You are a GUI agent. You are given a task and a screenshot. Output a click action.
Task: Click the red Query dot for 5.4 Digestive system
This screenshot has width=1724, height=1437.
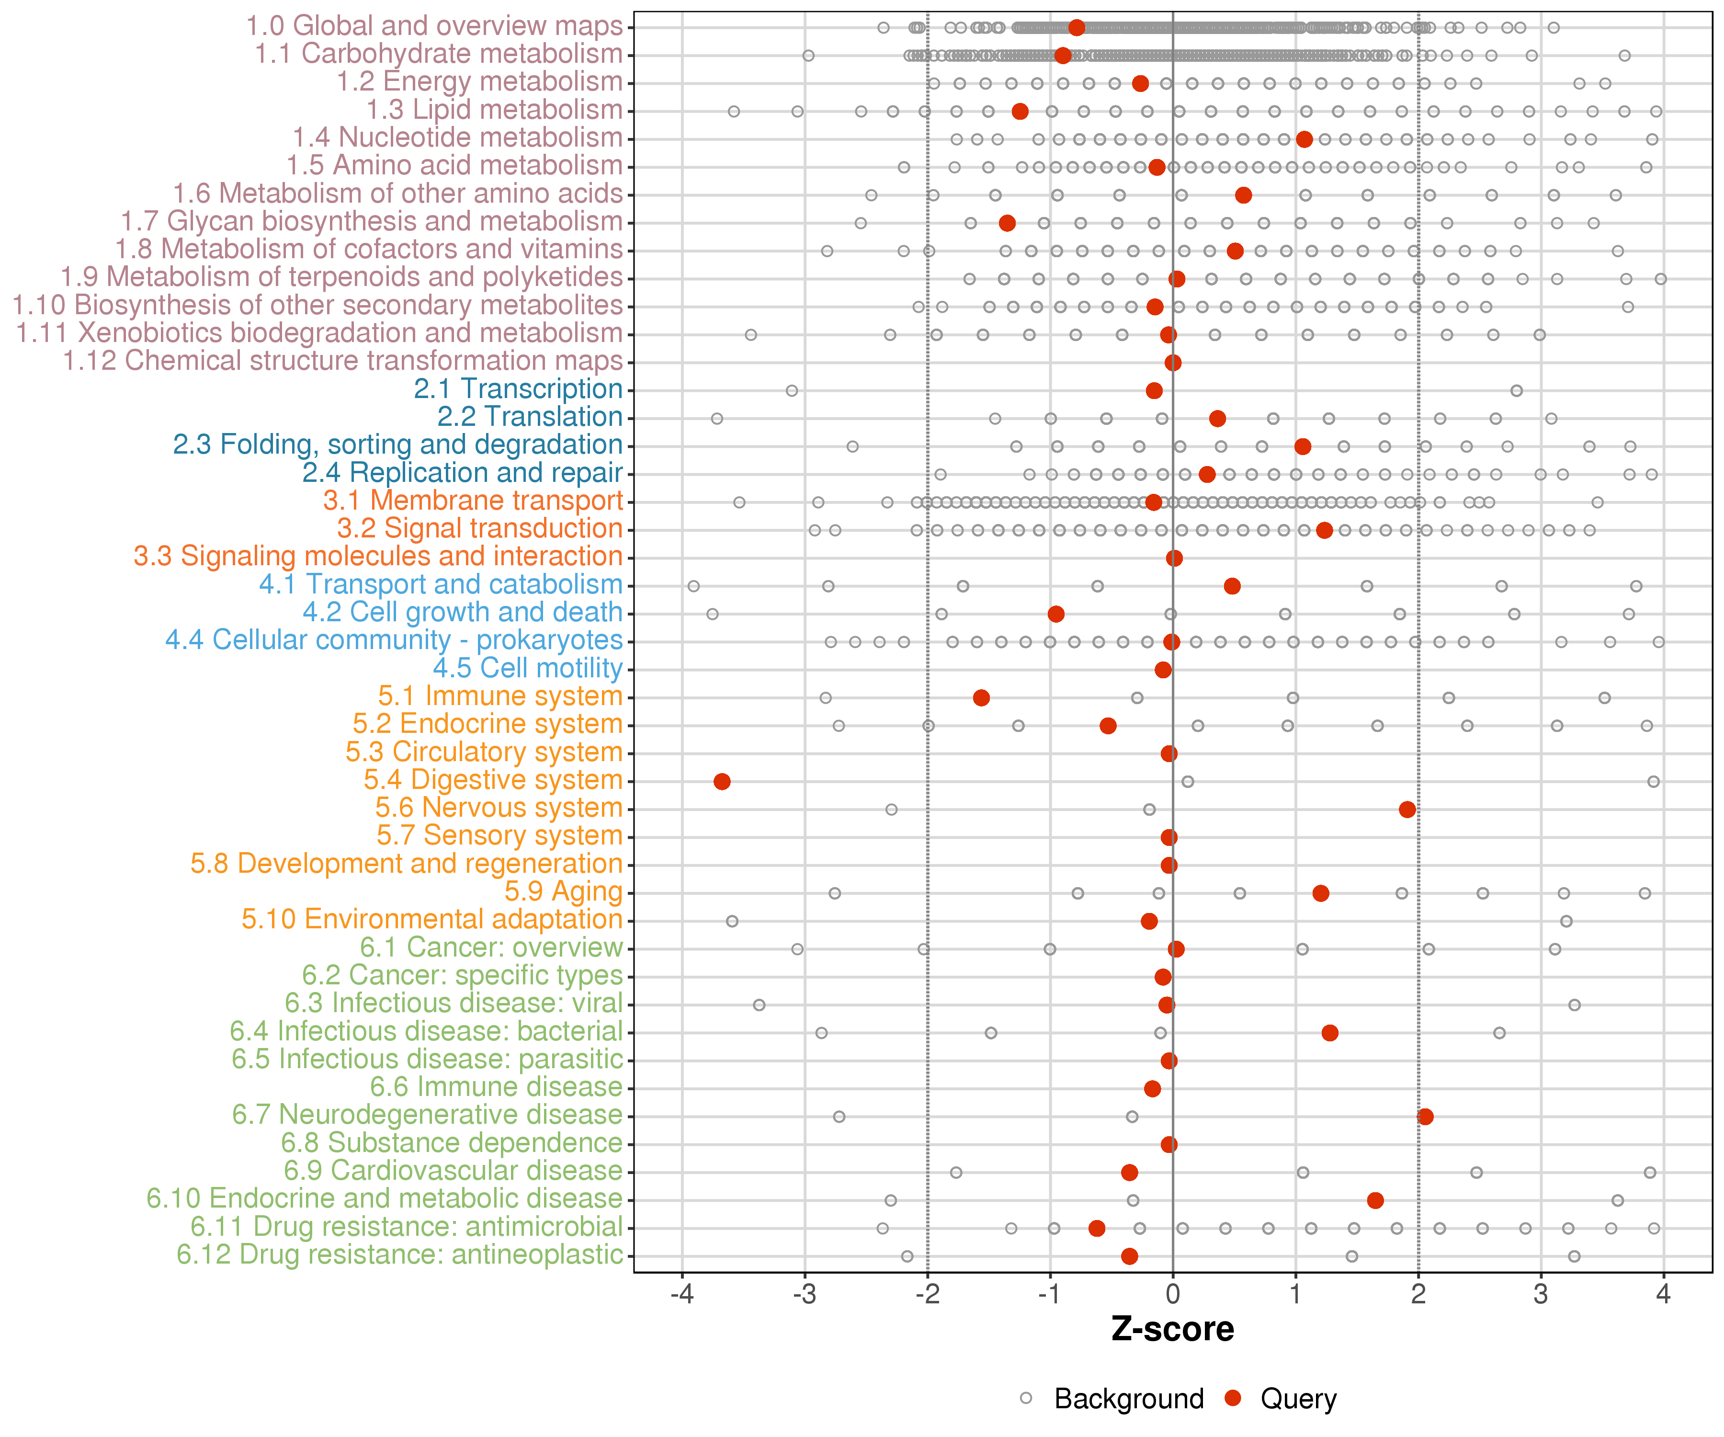[722, 781]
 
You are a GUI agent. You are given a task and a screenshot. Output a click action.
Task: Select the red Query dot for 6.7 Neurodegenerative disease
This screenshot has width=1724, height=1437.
[1425, 1116]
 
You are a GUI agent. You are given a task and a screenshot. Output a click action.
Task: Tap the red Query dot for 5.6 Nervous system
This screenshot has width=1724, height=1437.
[1407, 809]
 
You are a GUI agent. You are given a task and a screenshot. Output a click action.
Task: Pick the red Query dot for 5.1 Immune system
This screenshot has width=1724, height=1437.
[981, 697]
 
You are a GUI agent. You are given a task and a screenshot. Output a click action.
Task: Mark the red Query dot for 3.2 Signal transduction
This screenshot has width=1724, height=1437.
[1324, 530]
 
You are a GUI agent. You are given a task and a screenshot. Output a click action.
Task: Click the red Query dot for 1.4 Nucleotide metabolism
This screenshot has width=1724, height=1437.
[1304, 139]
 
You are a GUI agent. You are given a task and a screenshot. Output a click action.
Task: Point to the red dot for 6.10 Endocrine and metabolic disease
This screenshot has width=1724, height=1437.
[1375, 1200]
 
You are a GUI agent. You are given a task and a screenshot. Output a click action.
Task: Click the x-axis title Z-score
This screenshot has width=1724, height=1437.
[1172, 1329]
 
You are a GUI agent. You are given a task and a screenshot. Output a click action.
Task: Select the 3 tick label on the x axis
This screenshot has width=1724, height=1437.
[1541, 1294]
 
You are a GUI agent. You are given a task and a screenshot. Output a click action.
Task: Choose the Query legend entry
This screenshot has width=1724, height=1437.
[1281, 1398]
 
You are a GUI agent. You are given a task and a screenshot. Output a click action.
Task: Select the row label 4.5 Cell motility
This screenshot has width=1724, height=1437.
[528, 668]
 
